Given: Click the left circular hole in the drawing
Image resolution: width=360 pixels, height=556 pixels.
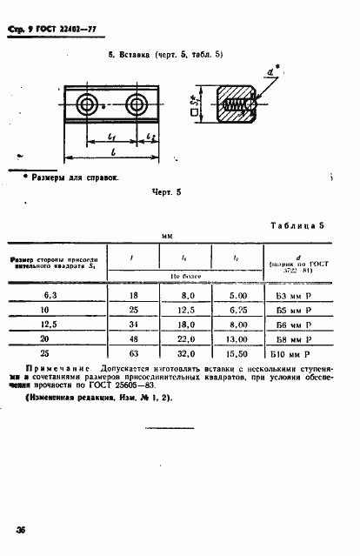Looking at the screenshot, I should point(86,105).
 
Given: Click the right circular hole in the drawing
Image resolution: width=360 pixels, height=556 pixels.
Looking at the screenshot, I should point(136,105).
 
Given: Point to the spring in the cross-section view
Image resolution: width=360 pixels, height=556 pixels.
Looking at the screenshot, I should point(235,109).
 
